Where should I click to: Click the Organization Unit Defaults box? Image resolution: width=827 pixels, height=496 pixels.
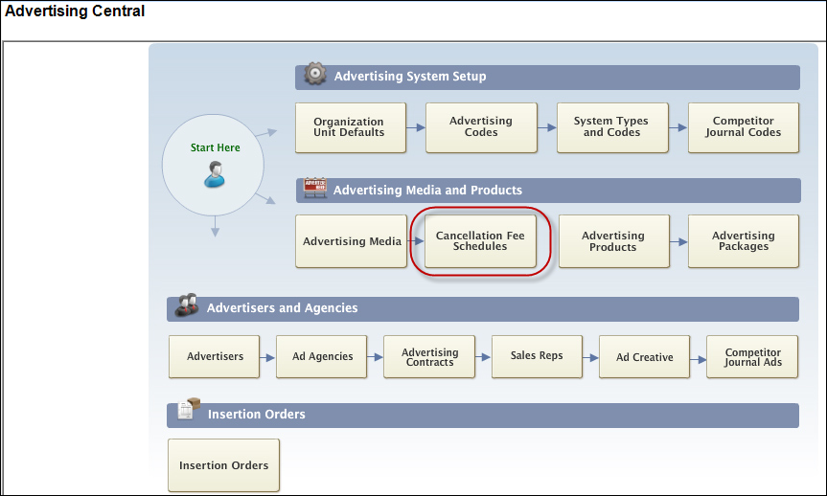click(x=351, y=127)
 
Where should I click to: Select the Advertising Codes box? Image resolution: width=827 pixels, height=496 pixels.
click(x=481, y=127)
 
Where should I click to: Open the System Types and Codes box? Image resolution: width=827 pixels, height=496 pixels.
click(x=612, y=127)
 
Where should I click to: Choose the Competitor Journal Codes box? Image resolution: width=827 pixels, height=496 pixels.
click(x=743, y=127)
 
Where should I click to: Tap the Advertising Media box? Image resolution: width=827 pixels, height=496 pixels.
click(x=352, y=241)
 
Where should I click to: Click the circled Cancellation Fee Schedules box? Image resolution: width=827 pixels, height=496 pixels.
click(x=480, y=241)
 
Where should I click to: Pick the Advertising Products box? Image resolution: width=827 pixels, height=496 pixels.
click(x=614, y=241)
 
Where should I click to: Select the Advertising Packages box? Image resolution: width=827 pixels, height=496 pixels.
click(x=744, y=241)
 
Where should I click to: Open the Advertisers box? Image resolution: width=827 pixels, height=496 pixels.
click(x=214, y=357)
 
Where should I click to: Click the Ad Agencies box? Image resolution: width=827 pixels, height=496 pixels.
click(x=322, y=357)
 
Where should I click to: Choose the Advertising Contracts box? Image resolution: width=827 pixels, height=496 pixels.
click(x=429, y=357)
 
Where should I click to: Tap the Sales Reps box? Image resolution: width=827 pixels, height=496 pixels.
click(x=537, y=357)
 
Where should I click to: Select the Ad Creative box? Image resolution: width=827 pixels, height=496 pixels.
click(x=645, y=357)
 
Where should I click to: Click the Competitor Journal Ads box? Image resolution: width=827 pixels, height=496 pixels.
click(x=752, y=357)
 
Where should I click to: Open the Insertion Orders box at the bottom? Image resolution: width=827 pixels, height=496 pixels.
click(x=223, y=465)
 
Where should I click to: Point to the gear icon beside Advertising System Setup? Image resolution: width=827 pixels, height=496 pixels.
click(x=315, y=74)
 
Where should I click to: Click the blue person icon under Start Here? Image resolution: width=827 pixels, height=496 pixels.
click(x=215, y=174)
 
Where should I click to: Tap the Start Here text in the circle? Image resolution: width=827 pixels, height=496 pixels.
click(x=216, y=147)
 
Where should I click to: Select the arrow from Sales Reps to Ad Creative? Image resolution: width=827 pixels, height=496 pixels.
click(x=590, y=358)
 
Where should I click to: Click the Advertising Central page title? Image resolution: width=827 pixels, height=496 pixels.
click(x=75, y=11)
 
